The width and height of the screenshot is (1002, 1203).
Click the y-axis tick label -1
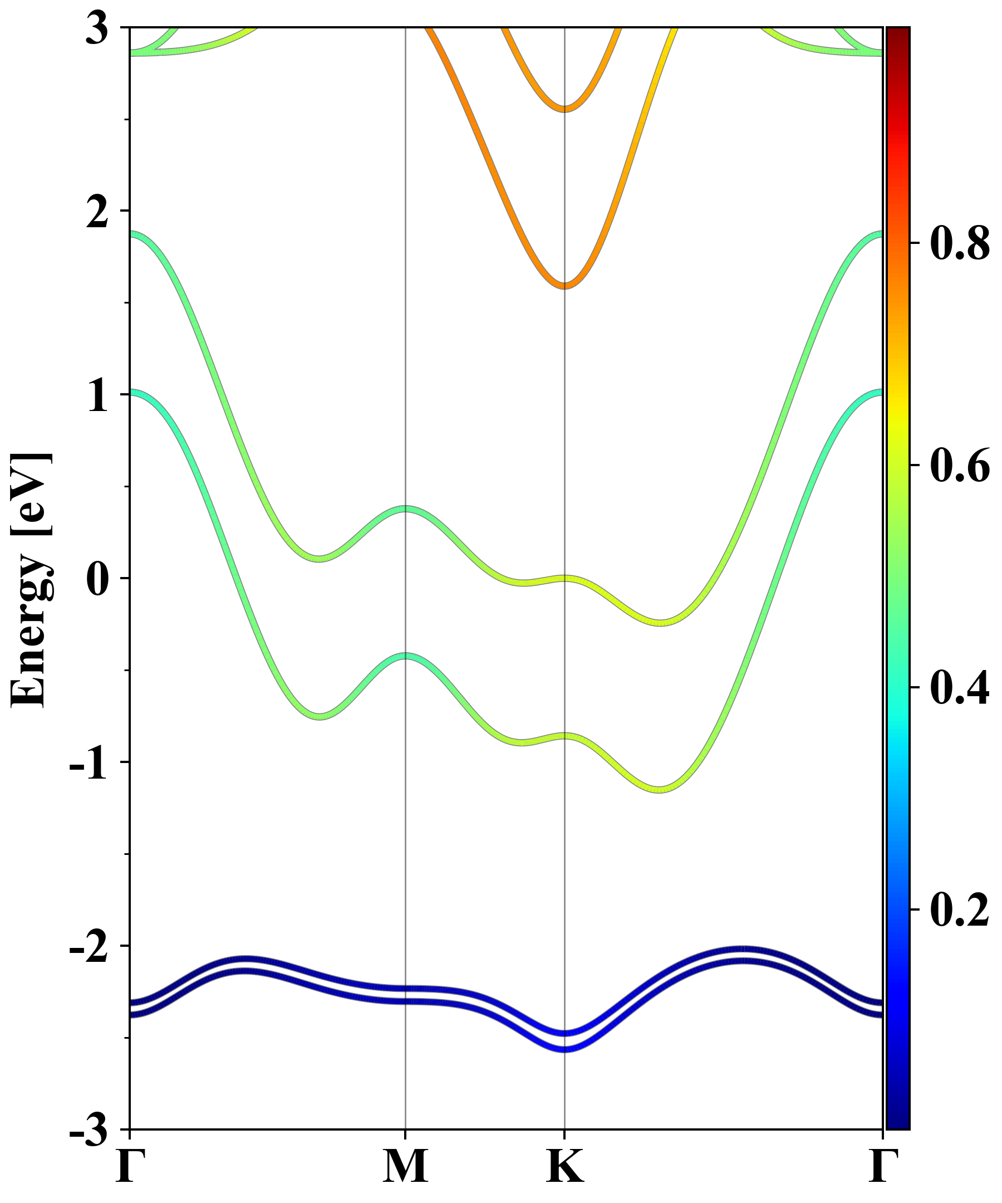pyautogui.click(x=89, y=763)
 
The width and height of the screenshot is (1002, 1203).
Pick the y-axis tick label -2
pyautogui.click(x=89, y=947)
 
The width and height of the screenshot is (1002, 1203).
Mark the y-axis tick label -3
pyautogui.click(x=89, y=1130)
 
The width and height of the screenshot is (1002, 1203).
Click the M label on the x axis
pyautogui.click(x=405, y=1166)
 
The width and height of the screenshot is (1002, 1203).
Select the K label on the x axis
pyautogui.click(x=564, y=1166)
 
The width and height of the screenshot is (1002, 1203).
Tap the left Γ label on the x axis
pyautogui.click(x=129, y=1166)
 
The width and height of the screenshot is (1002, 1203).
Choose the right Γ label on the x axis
pyautogui.click(x=882, y=1166)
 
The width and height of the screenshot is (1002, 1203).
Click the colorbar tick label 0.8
pyautogui.click(x=960, y=243)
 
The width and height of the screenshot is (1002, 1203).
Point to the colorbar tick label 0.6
pyautogui.click(x=960, y=465)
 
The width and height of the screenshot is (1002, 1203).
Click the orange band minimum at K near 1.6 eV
pyautogui.click(x=564, y=285)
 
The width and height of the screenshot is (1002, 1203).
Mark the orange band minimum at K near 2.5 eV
pyautogui.click(x=564, y=108)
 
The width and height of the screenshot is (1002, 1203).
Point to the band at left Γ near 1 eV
pyautogui.click(x=133, y=393)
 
